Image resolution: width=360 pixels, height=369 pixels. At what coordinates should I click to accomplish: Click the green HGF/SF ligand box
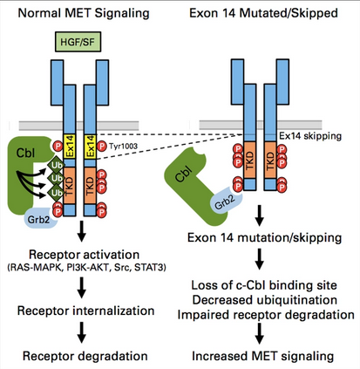pyautogui.click(x=78, y=42)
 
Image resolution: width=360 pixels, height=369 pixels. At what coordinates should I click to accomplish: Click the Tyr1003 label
pyautogui.click(x=123, y=146)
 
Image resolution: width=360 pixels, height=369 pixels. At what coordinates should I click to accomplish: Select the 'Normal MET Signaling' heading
pyautogui.click(x=84, y=13)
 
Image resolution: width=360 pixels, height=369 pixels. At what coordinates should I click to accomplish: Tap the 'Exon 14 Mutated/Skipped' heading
pyautogui.click(x=263, y=13)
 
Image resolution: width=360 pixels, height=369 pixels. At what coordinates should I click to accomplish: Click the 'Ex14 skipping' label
pyautogui.click(x=310, y=136)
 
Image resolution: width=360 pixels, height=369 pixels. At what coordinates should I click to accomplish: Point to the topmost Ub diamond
pyautogui.click(x=57, y=165)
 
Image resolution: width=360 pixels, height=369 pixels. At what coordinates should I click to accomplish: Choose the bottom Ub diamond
pyautogui.click(x=57, y=193)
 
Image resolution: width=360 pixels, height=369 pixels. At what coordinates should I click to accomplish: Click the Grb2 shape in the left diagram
pyautogui.click(x=39, y=218)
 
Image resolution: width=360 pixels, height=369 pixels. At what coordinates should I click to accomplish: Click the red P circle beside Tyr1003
pyautogui.click(x=102, y=146)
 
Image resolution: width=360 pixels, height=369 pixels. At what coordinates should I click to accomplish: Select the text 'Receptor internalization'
pyautogui.click(x=85, y=311)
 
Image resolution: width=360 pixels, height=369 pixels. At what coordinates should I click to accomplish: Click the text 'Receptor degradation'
pyautogui.click(x=85, y=356)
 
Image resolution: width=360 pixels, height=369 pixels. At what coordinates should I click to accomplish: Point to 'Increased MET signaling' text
pyautogui.click(x=262, y=356)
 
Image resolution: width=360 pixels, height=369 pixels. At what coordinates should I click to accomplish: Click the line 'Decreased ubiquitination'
pyautogui.click(x=265, y=300)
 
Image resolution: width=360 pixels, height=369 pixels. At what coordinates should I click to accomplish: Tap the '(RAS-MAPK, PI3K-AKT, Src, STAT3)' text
pyautogui.click(x=86, y=268)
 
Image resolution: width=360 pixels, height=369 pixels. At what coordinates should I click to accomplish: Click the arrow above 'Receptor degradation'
pyautogui.click(x=82, y=332)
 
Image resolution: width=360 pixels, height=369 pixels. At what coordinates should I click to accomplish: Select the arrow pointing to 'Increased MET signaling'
pyautogui.click(x=259, y=333)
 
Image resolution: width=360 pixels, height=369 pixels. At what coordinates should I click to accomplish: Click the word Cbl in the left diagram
pyautogui.click(x=25, y=153)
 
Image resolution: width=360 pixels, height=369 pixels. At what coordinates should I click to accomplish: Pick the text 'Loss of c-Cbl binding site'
pyautogui.click(x=264, y=285)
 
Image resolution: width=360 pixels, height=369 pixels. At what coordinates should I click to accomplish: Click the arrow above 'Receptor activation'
pyautogui.click(x=82, y=231)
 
